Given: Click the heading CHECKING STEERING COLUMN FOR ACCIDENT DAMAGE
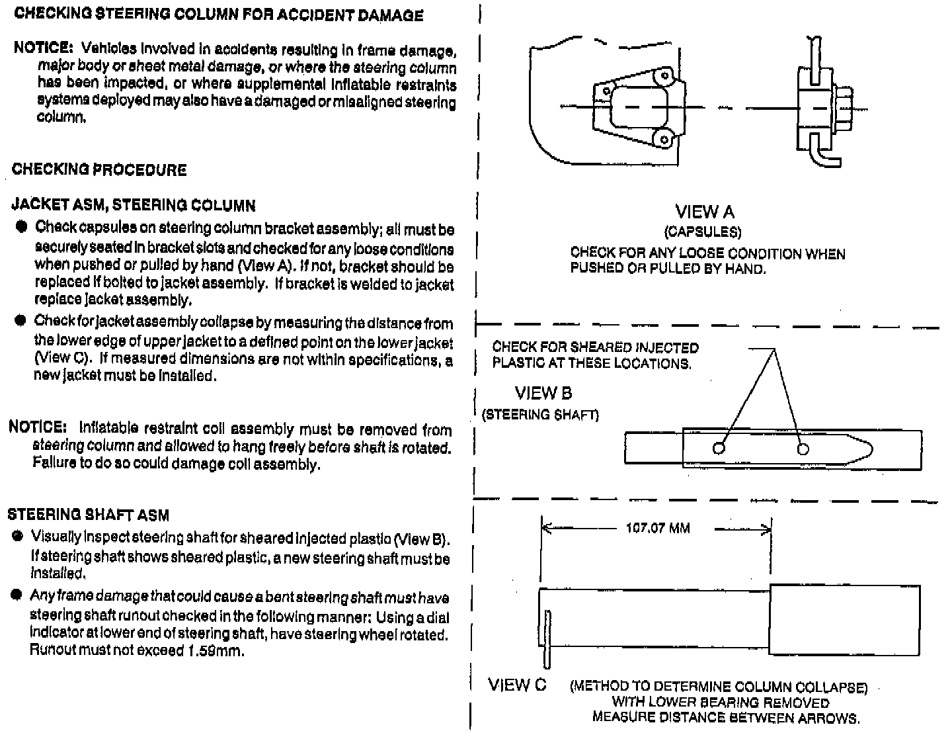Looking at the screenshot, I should pos(218,15).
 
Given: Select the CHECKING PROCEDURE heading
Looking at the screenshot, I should pos(99,169).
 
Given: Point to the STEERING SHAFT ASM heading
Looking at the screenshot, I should pos(88,514).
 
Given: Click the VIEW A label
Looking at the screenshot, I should pos(705,212).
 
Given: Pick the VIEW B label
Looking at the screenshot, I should pos(543,393).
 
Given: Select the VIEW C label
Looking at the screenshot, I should pos(518,685).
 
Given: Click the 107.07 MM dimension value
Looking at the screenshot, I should pos(657,529).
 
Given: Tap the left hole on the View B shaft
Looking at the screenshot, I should pos(719,449).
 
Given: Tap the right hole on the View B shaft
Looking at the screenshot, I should pos(803,449).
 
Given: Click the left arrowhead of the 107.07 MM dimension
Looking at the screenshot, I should pos(545,529).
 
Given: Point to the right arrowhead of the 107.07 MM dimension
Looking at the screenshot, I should pos(767,529).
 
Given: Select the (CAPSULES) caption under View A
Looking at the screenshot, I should pos(703,232).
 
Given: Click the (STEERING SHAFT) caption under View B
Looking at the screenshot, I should pos(541,415).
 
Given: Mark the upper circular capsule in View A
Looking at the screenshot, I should pos(662,77).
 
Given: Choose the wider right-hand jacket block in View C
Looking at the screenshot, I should pos(844,620).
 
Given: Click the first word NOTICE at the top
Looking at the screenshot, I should pos(44,48).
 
